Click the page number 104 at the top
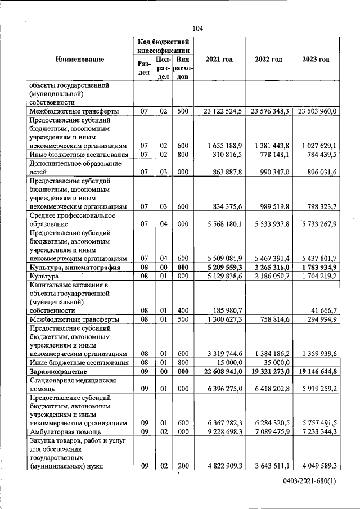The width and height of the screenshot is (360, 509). [197, 29]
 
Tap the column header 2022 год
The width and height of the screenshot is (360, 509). [268, 60]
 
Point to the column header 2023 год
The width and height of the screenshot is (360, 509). [316, 60]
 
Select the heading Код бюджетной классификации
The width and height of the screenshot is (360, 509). [163, 46]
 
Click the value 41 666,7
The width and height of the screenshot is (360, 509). [323, 310]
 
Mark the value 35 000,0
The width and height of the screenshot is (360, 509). [276, 363]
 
